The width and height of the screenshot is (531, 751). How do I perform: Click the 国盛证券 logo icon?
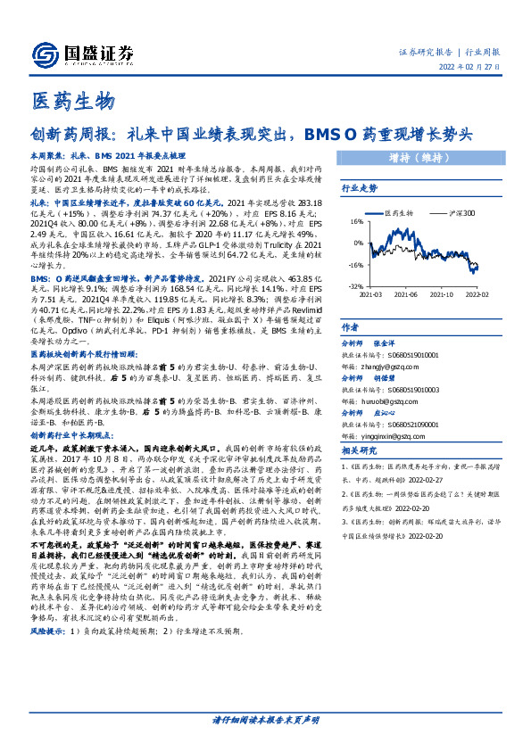(x=43, y=53)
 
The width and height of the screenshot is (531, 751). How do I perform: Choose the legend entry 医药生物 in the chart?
(x=398, y=214)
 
